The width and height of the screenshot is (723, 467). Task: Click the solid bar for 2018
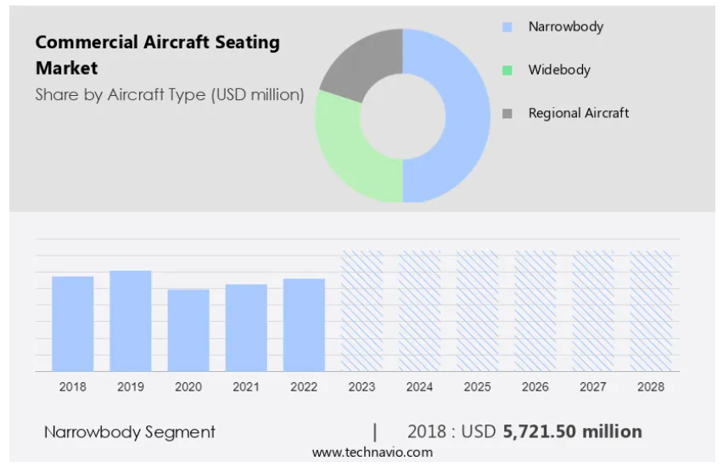73,324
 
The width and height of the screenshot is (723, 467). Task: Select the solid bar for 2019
131,321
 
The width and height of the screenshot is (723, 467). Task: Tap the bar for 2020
188,330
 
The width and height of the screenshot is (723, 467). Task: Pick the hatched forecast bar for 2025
477,311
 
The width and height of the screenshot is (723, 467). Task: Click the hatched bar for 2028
651,311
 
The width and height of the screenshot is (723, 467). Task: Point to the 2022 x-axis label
304,386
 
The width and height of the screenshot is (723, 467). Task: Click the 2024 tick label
419,386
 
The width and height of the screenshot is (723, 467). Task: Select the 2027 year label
593,386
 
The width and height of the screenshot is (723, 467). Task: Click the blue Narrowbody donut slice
466,115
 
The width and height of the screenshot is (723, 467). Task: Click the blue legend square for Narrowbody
507,27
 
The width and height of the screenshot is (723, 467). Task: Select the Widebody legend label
559,70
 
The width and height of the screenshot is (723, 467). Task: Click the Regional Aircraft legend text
579,113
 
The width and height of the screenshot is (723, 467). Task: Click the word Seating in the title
248,42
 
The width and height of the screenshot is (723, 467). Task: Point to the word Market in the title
67,68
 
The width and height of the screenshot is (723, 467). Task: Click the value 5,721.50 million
572,431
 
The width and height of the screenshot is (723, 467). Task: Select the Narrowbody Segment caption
130,432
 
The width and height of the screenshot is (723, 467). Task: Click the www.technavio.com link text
373,453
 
